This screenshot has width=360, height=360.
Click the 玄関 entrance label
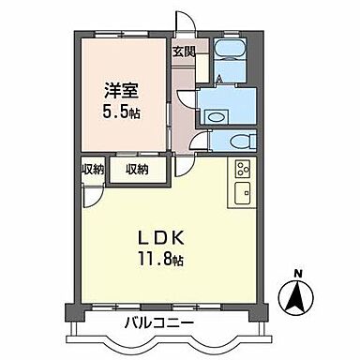pyautogui.click(x=183, y=52)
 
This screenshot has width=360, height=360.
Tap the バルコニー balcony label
pyautogui.click(x=159, y=324)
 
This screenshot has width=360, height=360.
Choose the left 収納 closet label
pyautogui.click(x=91, y=170)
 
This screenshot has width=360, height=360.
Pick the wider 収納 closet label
pyautogui.click(x=137, y=170)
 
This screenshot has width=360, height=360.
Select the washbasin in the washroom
pyautogui.click(x=215, y=116)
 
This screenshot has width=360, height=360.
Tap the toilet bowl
pyautogui.click(x=239, y=140)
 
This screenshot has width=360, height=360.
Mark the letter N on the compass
pyautogui.click(x=297, y=274)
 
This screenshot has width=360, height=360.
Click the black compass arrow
pyautogui.click(x=297, y=299)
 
